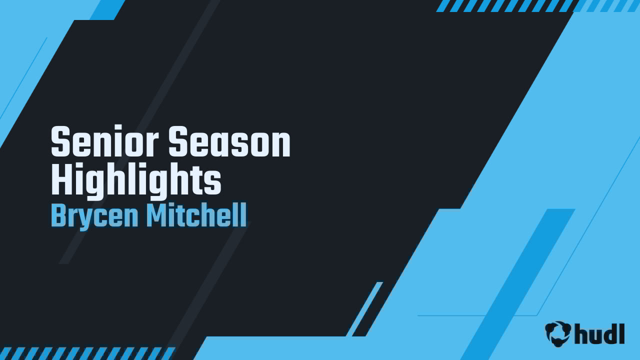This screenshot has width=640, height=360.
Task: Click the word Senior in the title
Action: coord(104,142)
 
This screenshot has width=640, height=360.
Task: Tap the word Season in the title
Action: coord(229,142)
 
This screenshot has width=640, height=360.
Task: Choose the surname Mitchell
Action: coord(196,216)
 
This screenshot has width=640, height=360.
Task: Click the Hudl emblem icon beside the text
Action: coord(557,333)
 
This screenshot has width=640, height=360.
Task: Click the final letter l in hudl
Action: coord(621,333)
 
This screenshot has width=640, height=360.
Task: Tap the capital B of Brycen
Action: coord(58,216)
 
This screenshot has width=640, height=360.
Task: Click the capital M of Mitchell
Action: coord(155,216)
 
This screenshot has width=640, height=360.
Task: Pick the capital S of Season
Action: coord(177,142)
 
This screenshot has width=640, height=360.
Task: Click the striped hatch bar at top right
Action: coord(537,5)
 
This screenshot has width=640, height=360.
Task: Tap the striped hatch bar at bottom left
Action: coord(85,353)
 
